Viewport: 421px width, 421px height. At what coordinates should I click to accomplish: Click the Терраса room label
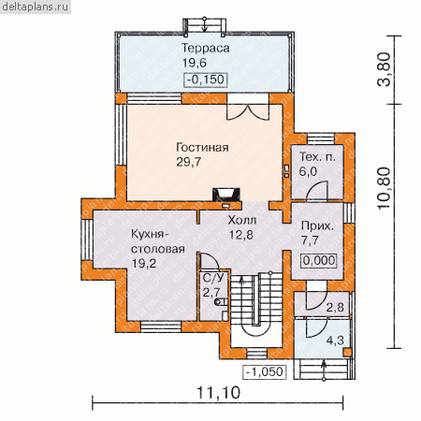coord(205,49)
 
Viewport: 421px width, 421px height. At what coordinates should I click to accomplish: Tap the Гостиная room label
coord(202,147)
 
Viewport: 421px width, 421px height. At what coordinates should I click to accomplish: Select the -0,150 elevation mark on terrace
coord(206,80)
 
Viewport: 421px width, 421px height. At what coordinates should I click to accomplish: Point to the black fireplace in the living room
coord(226,195)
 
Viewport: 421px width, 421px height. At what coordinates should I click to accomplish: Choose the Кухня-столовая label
coord(158,241)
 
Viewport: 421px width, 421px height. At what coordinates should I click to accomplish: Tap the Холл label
coord(242,220)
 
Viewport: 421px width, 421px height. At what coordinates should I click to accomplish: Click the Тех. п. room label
coord(317,157)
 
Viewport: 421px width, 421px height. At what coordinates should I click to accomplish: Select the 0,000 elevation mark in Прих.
coord(319,260)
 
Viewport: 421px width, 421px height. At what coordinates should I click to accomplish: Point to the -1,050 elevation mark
coord(265,371)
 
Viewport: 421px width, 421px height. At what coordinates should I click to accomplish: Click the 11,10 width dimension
coord(219,393)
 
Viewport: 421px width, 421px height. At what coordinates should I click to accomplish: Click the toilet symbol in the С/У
coord(221,301)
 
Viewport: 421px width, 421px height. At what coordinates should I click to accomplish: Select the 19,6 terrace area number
coord(195,63)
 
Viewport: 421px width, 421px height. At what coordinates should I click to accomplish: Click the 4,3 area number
coord(335,341)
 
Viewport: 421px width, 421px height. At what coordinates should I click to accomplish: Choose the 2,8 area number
coord(335,308)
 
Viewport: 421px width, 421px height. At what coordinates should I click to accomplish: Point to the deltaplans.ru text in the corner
coord(35,7)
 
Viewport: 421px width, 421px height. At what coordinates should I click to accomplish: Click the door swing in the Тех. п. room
coord(317,191)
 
